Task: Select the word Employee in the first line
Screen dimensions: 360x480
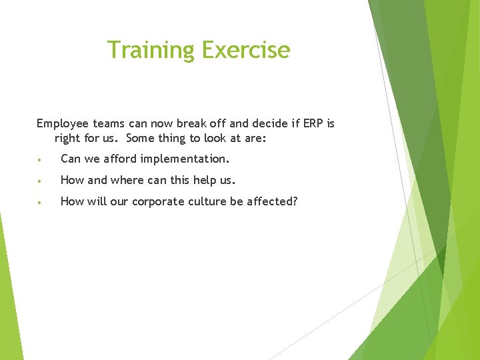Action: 62,124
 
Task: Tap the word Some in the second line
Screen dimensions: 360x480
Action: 141,138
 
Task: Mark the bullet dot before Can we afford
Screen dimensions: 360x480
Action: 41,160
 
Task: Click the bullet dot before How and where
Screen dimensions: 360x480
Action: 41,181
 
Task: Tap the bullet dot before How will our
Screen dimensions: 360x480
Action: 41,203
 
